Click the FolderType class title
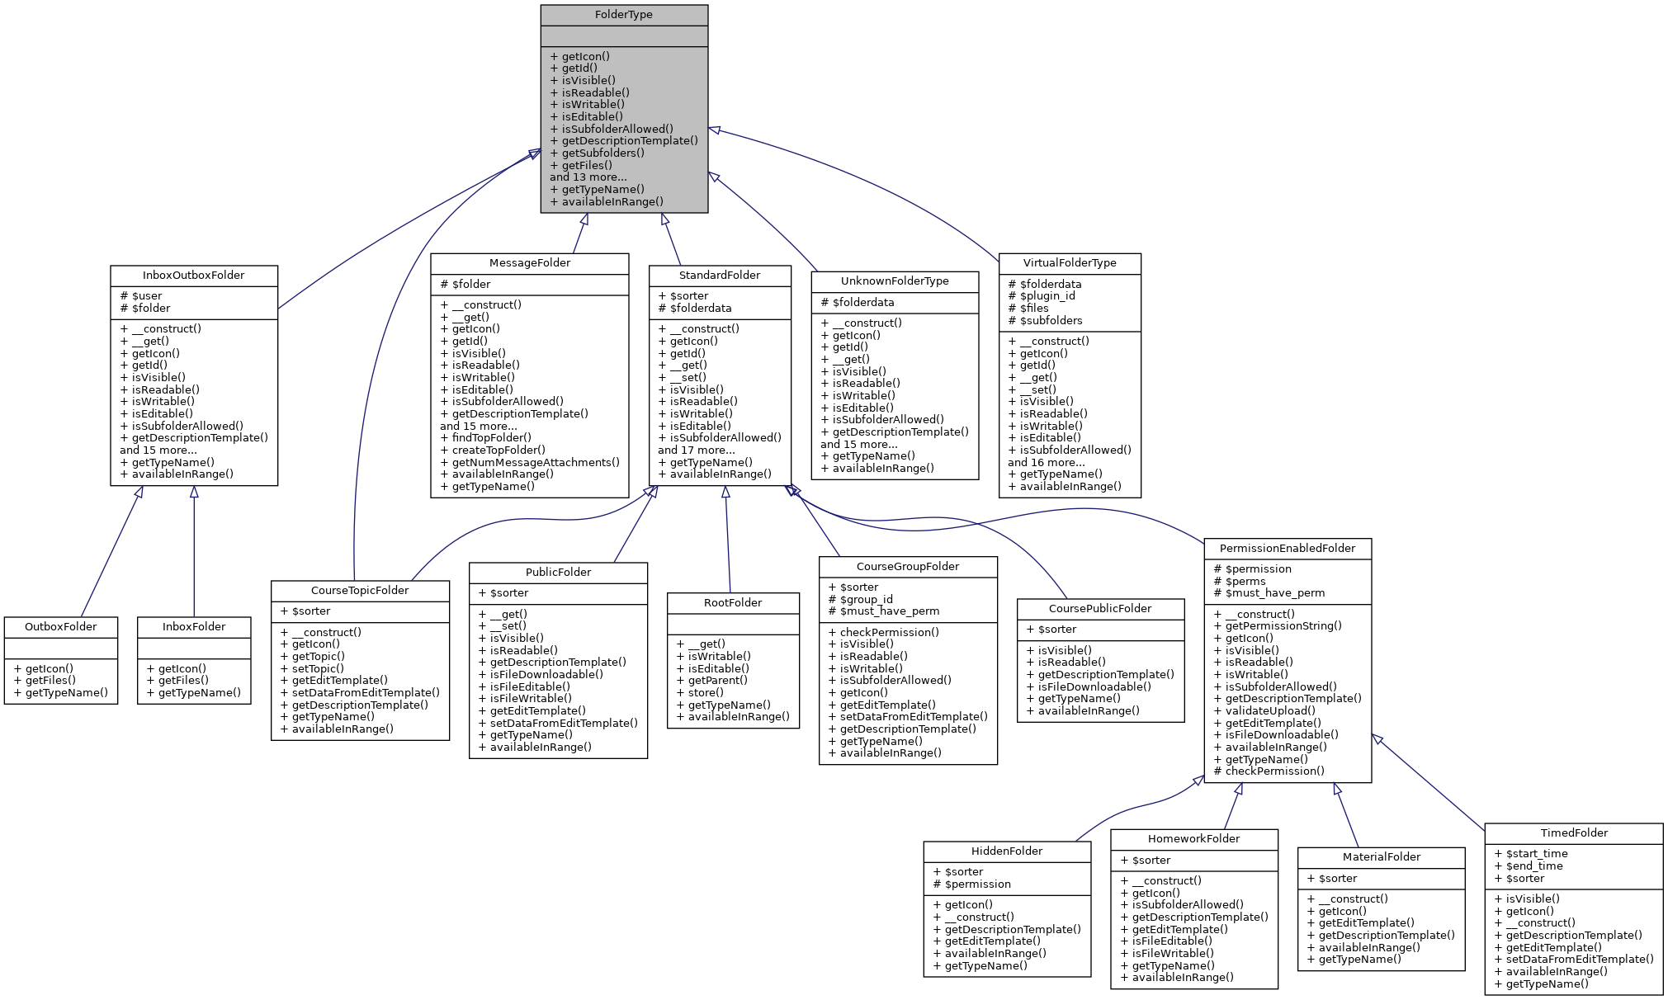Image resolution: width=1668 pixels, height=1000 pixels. coord(623,15)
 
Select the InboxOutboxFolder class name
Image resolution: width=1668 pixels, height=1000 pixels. coord(193,276)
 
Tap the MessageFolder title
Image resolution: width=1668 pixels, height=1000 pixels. coord(529,263)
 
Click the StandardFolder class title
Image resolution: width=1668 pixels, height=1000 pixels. coord(720,276)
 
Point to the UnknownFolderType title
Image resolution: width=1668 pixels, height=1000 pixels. coord(895,281)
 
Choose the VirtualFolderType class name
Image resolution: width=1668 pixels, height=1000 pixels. coord(1070,263)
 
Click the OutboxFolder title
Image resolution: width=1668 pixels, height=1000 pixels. coord(60,627)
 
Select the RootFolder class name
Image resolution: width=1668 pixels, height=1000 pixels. coord(733,603)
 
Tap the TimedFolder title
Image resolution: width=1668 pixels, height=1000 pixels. coord(1574,833)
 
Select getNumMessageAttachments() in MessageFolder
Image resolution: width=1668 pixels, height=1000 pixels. coord(535,463)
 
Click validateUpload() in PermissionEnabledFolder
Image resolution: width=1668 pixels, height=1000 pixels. coord(1270,711)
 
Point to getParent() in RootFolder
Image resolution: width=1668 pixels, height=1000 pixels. coord(717,681)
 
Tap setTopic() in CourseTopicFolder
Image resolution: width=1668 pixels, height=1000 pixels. coord(318,669)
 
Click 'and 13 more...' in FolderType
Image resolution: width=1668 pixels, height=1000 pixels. coord(588,177)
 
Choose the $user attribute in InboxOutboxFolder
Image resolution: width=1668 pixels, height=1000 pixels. coord(146,296)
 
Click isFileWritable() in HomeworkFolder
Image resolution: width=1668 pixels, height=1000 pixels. coord(1172,954)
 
